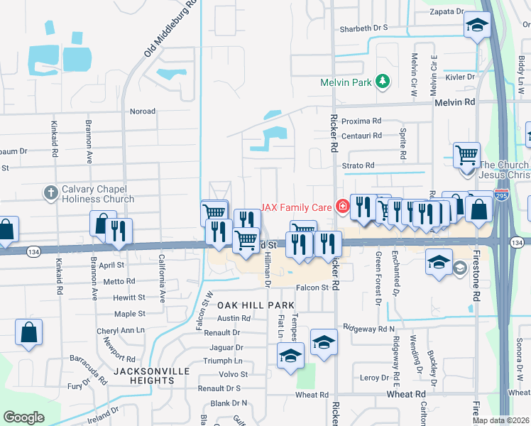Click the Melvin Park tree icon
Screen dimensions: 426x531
[x=383, y=82]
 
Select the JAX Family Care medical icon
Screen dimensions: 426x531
[x=342, y=207]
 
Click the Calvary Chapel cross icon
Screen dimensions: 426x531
[x=50, y=192]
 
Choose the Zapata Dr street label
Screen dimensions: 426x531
[x=447, y=11]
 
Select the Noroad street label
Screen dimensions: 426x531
[x=142, y=111]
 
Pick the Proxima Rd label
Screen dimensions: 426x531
[x=361, y=121]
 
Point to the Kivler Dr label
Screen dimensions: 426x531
[x=460, y=77]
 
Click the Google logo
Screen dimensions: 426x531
[x=24, y=417]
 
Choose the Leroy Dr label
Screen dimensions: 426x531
[x=375, y=378]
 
